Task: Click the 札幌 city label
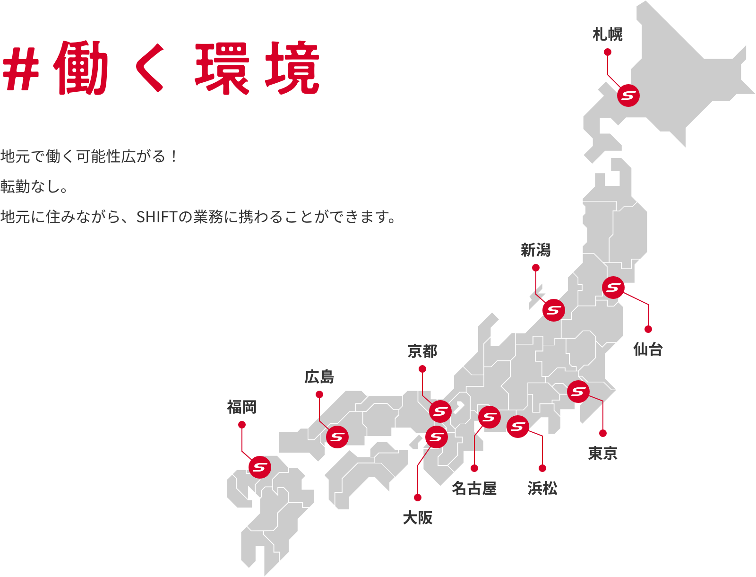pyautogui.click(x=608, y=35)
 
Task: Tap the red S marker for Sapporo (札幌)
pyautogui.click(x=628, y=96)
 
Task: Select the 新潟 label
pyautogui.click(x=536, y=250)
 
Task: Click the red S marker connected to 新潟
pyautogui.click(x=554, y=310)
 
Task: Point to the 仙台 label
pyautogui.click(x=648, y=350)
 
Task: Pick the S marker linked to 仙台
pyautogui.click(x=613, y=288)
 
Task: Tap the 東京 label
pyautogui.click(x=603, y=454)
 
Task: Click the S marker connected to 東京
pyautogui.click(x=578, y=392)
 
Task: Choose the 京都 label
pyautogui.click(x=422, y=351)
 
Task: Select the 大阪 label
pyautogui.click(x=418, y=518)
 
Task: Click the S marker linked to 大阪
pyautogui.click(x=436, y=437)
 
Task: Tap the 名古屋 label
pyautogui.click(x=474, y=489)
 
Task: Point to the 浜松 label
pyautogui.click(x=542, y=489)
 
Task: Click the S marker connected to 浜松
pyautogui.click(x=518, y=427)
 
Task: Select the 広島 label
pyautogui.click(x=319, y=377)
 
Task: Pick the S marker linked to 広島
pyautogui.click(x=337, y=437)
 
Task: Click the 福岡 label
pyautogui.click(x=242, y=407)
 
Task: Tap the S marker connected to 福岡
pyautogui.click(x=260, y=467)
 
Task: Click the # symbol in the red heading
pyautogui.click(x=21, y=69)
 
